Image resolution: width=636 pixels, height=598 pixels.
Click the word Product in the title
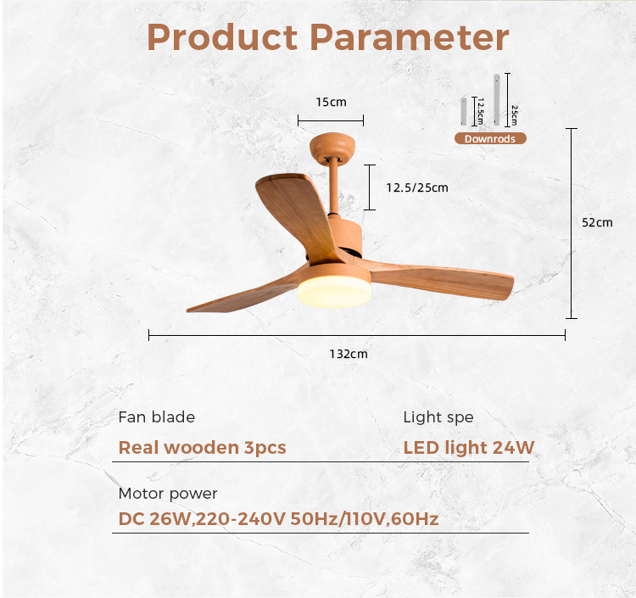pyautogui.click(x=222, y=37)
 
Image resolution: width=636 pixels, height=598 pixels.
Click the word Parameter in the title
pyautogui.click(x=410, y=37)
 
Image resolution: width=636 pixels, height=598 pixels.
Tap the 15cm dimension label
pyautogui.click(x=331, y=102)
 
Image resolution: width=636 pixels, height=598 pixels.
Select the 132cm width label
pyautogui.click(x=349, y=354)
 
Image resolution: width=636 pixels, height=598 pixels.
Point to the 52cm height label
pyautogui.click(x=597, y=222)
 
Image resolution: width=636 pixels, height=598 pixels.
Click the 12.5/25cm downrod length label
pyautogui.click(x=417, y=187)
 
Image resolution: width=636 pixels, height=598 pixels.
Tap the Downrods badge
pyautogui.click(x=490, y=139)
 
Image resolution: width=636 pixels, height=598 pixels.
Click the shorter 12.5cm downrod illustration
pyautogui.click(x=464, y=112)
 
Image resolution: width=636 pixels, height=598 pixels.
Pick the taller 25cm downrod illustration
pyautogui.click(x=497, y=99)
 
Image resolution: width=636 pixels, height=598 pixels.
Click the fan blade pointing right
pyautogui.click(x=442, y=280)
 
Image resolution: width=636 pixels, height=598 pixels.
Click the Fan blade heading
pyautogui.click(x=157, y=417)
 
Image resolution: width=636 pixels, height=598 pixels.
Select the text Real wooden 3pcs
pyautogui.click(x=202, y=448)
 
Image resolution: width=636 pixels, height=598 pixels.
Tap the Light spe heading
pyautogui.click(x=438, y=417)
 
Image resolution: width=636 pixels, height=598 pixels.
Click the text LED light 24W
pyautogui.click(x=469, y=448)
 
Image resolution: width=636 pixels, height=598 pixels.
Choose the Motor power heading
pyautogui.click(x=168, y=494)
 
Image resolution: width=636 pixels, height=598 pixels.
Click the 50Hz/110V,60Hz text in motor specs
pyautogui.click(x=365, y=519)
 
